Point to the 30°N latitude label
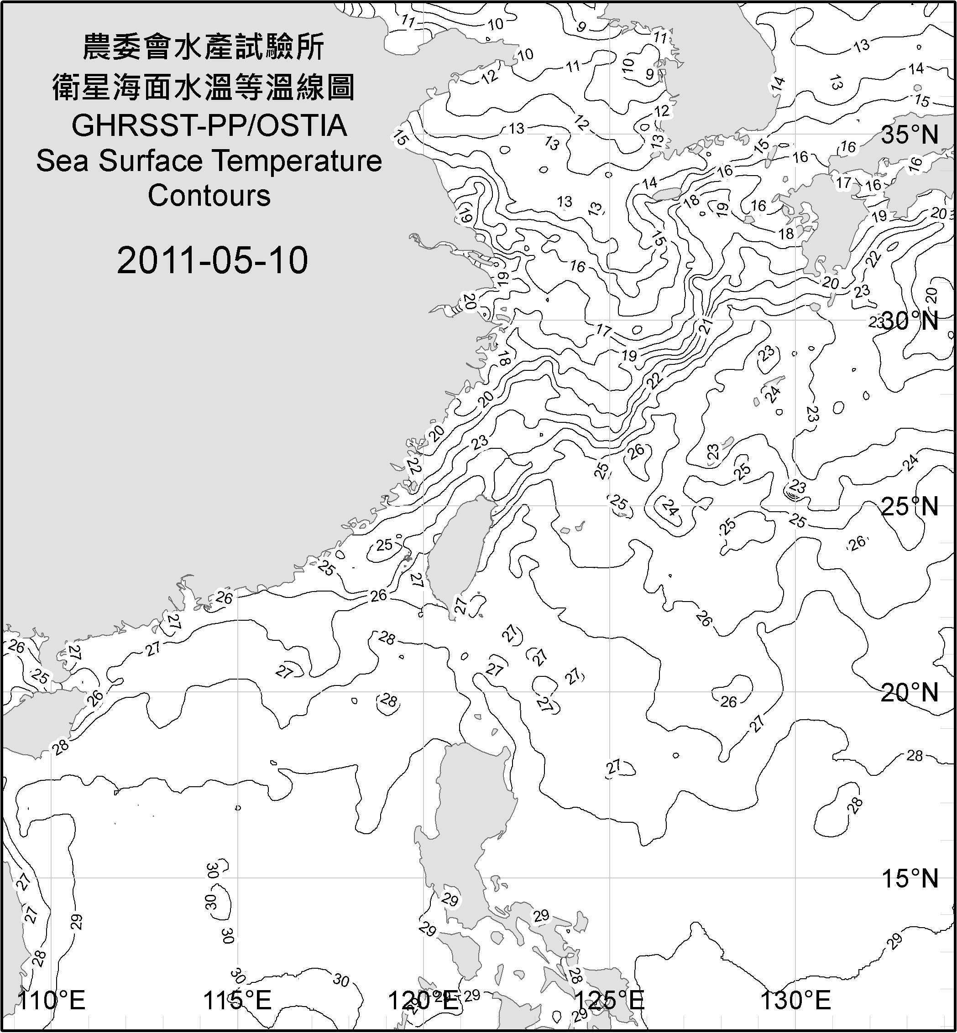tap(910, 321)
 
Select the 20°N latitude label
tap(910, 692)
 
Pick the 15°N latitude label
tap(910, 878)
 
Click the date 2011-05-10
tap(212, 260)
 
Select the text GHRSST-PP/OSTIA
tap(209, 126)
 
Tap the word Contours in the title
tap(209, 196)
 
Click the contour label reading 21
tap(706, 327)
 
